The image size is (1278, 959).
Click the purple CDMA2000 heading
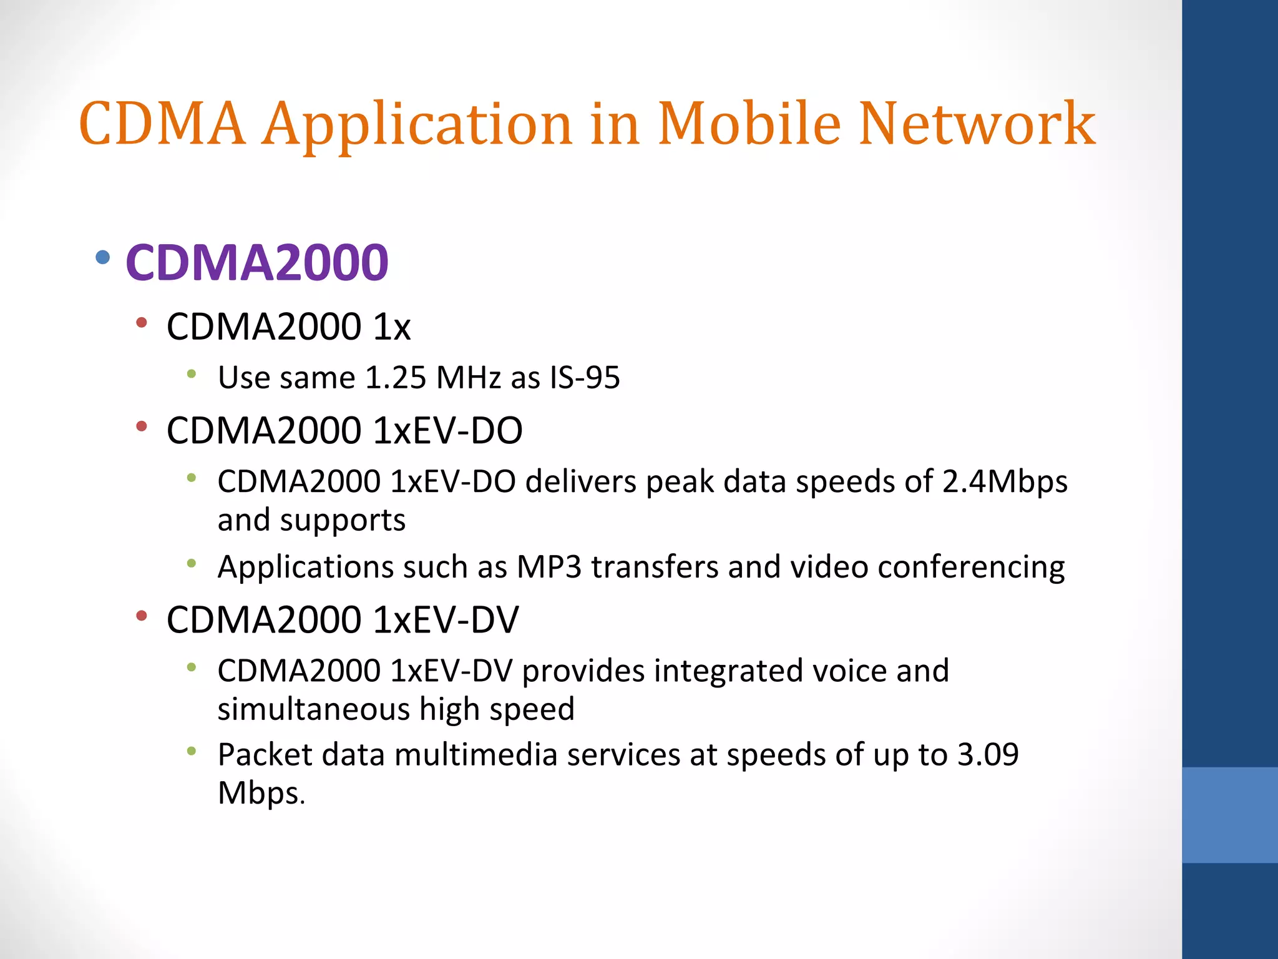pos(257,262)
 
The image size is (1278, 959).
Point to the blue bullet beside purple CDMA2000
pos(104,257)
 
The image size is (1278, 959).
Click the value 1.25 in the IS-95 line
pos(396,378)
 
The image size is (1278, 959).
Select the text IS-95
pos(585,378)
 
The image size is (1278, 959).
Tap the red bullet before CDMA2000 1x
pos(142,323)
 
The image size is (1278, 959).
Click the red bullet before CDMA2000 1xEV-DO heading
pos(142,426)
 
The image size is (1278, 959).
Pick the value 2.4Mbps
pos(1005,482)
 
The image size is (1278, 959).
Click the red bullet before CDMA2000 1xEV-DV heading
pos(142,616)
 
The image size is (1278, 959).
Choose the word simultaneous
pos(313,709)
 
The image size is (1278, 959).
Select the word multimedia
pos(476,754)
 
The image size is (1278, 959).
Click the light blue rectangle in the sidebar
pos(1229,815)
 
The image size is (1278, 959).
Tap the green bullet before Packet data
pos(192,751)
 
